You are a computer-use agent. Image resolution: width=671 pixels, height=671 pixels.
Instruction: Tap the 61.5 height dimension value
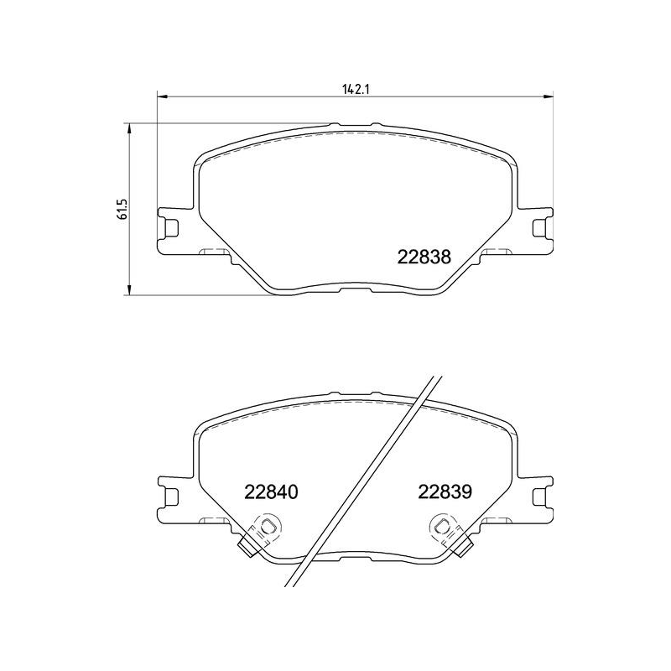tap(122, 209)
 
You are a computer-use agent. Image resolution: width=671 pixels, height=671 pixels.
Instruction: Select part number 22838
tap(424, 258)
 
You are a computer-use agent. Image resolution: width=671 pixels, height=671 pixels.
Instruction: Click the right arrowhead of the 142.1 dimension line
tap(549, 96)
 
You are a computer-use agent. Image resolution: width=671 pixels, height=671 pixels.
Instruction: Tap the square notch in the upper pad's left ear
tap(171, 227)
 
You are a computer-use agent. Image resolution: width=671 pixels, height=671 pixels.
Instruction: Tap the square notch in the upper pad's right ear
tap(539, 227)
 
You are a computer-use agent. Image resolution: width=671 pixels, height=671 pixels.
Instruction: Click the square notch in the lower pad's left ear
tap(171, 496)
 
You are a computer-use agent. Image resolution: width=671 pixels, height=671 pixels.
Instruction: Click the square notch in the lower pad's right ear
tap(539, 496)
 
